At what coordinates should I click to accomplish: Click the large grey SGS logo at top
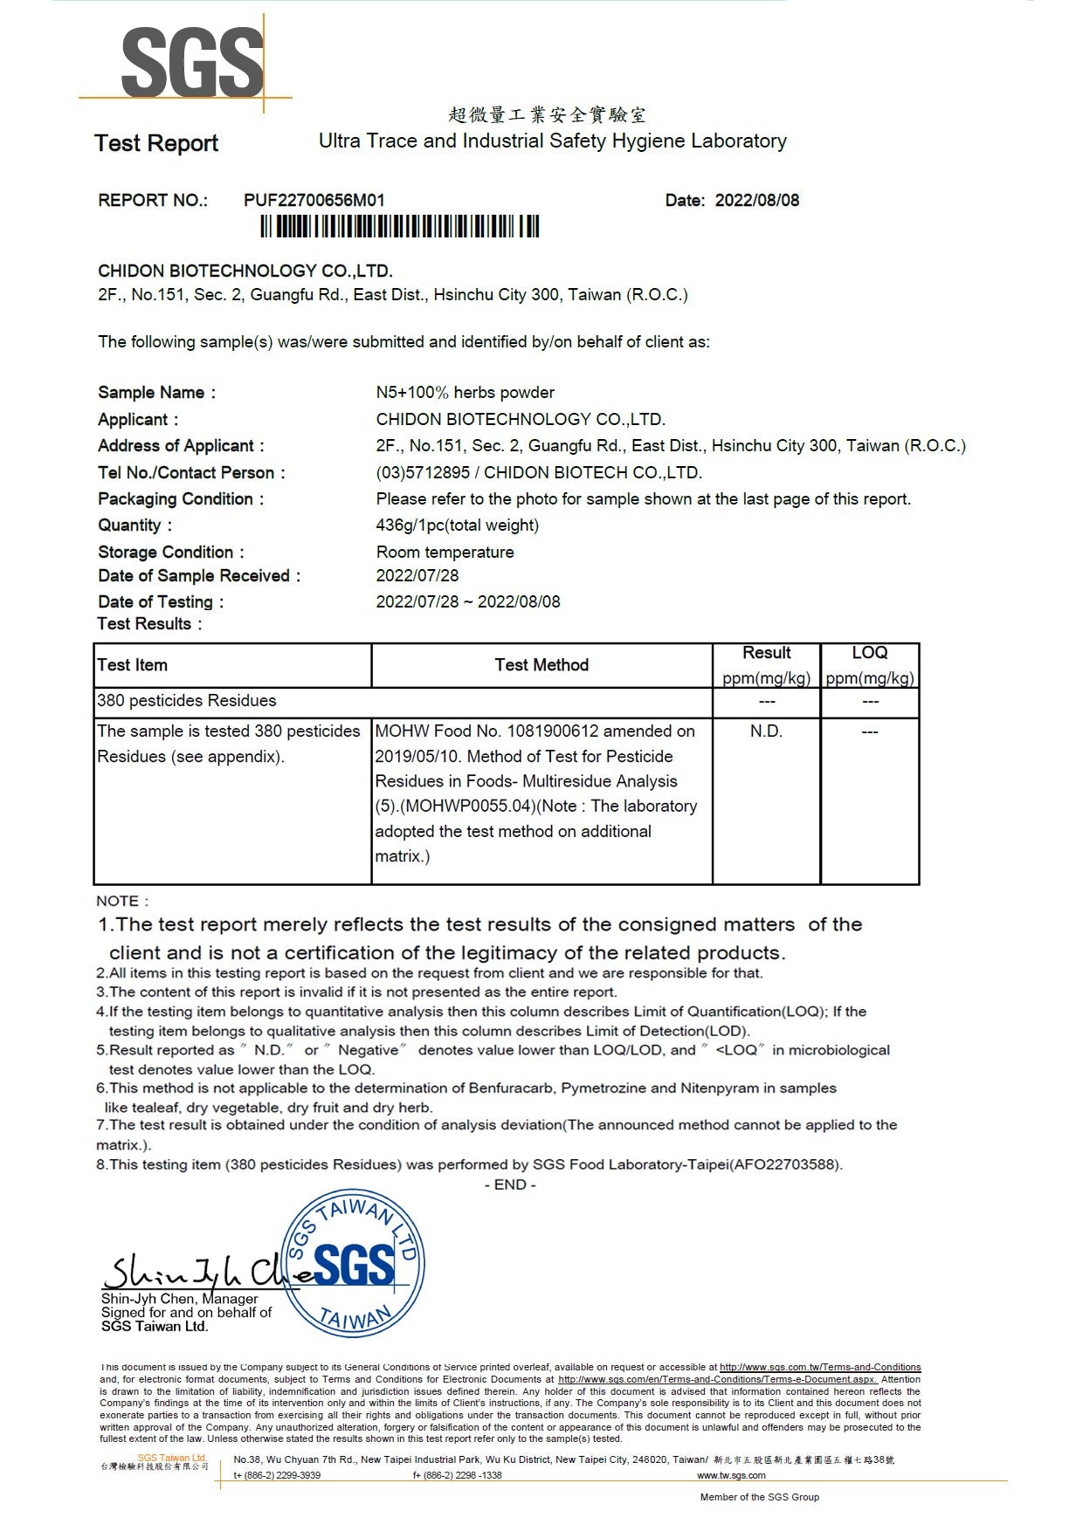pos(192,61)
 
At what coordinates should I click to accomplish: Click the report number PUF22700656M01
pos(314,200)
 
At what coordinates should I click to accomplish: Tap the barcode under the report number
pos(399,227)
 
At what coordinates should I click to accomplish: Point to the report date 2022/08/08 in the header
pos(756,200)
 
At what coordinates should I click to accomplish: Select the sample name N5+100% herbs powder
pos(465,393)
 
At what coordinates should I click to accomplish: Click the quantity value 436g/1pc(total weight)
pos(457,525)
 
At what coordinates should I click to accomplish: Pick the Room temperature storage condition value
pos(445,553)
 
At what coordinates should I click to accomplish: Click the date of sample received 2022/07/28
pos(417,576)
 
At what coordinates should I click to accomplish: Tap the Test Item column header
pos(132,665)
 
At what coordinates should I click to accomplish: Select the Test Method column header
pos(541,665)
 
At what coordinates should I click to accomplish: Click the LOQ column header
pos(869,653)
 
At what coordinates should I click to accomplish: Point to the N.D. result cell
pos(766,731)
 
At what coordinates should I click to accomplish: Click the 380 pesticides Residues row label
pos(186,701)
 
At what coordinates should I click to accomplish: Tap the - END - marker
pos(510,1184)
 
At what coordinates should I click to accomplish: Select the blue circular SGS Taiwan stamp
pos(354,1264)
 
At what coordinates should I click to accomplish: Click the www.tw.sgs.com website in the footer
pos(731,1475)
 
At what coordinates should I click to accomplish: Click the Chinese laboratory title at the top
pos(547,115)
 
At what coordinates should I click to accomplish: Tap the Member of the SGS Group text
pos(759,1497)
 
